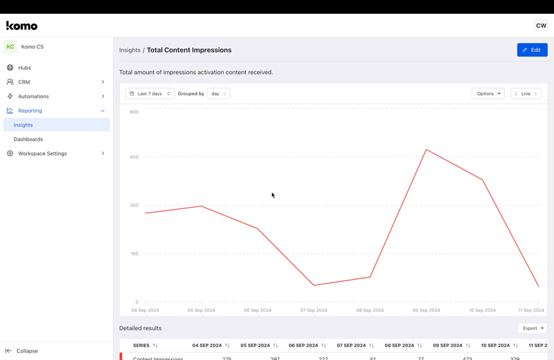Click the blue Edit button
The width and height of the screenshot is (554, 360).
click(x=532, y=50)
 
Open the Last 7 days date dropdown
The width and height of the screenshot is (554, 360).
click(x=150, y=93)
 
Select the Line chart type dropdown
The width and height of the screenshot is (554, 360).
click(x=526, y=93)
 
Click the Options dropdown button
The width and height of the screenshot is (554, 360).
click(x=488, y=93)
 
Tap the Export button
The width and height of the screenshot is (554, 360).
click(x=532, y=328)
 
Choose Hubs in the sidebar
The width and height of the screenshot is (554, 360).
click(x=25, y=68)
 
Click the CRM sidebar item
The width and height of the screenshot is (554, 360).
click(x=24, y=82)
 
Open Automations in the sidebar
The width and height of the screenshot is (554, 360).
click(x=33, y=96)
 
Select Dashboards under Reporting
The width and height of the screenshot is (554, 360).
click(x=28, y=139)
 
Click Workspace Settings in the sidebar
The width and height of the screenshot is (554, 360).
click(x=42, y=154)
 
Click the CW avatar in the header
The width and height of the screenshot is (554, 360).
click(x=541, y=26)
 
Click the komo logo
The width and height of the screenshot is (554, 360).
click(x=21, y=26)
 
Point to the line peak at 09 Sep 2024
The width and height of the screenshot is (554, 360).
click(x=427, y=150)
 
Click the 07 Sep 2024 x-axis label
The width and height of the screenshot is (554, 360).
click(x=314, y=310)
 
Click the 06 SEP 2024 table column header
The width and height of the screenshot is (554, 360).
click(x=303, y=345)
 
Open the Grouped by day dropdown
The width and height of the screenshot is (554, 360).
click(x=218, y=93)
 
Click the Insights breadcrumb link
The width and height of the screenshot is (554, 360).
click(x=129, y=50)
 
